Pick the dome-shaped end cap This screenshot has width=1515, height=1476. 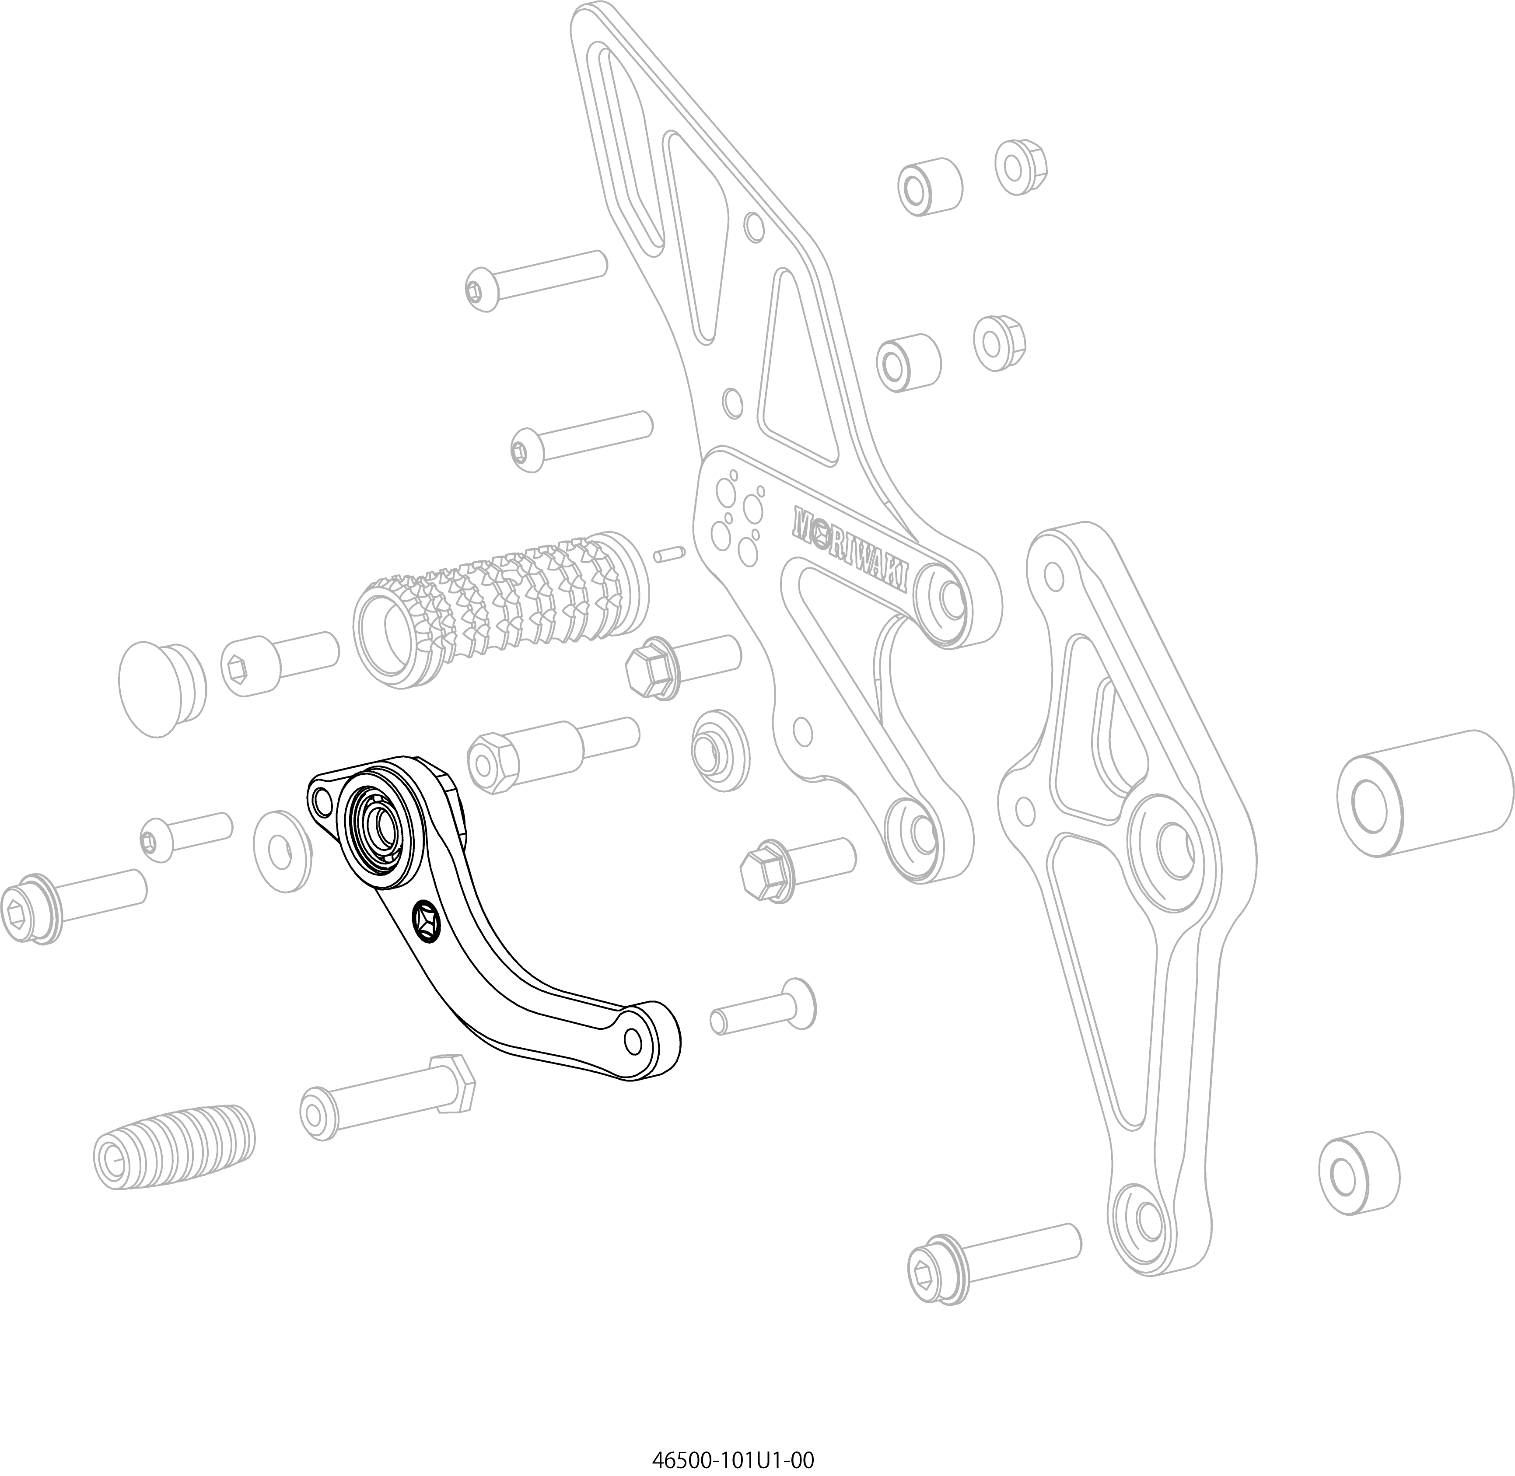tap(162, 686)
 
